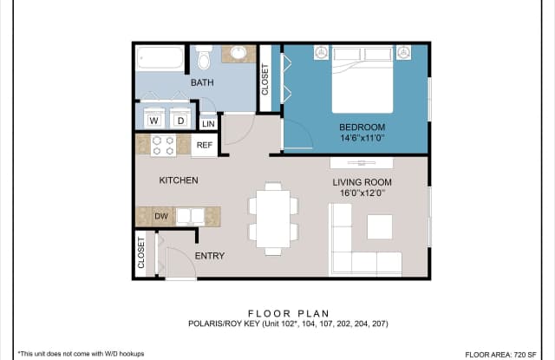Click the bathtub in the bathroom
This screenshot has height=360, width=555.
[161, 59]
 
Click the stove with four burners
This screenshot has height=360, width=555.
[163, 145]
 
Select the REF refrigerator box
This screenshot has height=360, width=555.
[205, 146]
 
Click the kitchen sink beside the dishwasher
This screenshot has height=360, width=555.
[190, 216]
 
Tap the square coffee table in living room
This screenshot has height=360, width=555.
[379, 226]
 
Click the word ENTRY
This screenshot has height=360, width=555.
[209, 256]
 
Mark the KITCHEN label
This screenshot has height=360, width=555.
[179, 180]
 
